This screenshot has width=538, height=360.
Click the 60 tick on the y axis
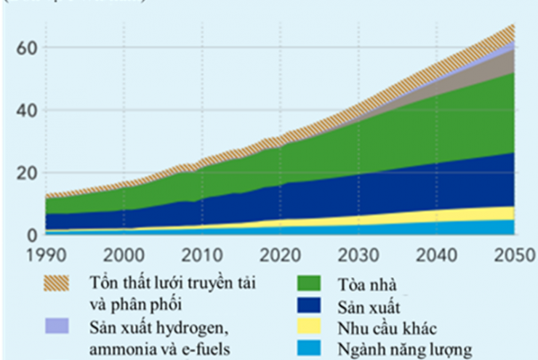click(x=25, y=48)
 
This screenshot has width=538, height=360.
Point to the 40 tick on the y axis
click(x=25, y=111)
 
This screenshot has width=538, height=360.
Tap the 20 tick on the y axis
click(x=25, y=173)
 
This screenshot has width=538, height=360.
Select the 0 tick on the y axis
click(x=31, y=234)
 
